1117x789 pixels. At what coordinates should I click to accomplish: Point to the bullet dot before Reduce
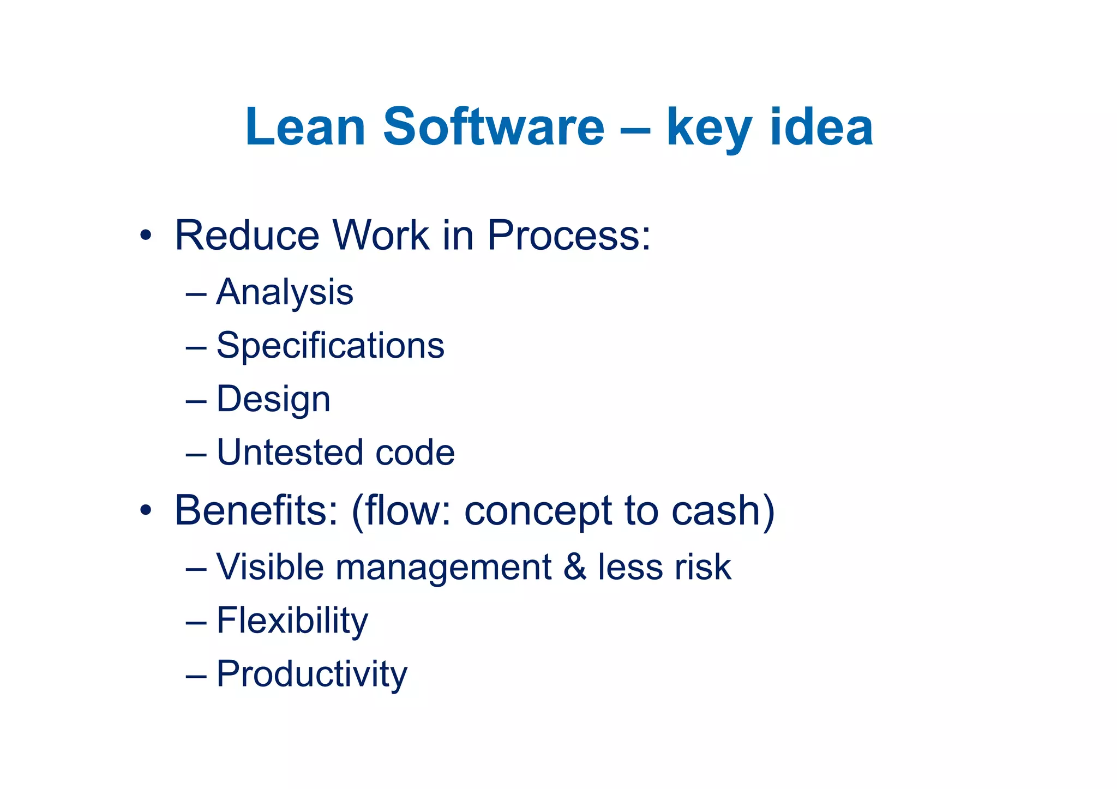click(145, 236)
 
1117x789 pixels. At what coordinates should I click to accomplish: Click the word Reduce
click(247, 236)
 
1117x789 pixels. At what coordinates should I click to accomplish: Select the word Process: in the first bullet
click(569, 236)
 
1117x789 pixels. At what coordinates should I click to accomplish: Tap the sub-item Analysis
click(285, 292)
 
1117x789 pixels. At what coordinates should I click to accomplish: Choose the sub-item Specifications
click(330, 346)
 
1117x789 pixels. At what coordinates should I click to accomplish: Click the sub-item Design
click(273, 399)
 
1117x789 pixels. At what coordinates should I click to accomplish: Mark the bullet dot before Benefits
click(145, 511)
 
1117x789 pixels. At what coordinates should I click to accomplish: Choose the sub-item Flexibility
click(292, 621)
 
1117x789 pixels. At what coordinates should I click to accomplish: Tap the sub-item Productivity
click(311, 674)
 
